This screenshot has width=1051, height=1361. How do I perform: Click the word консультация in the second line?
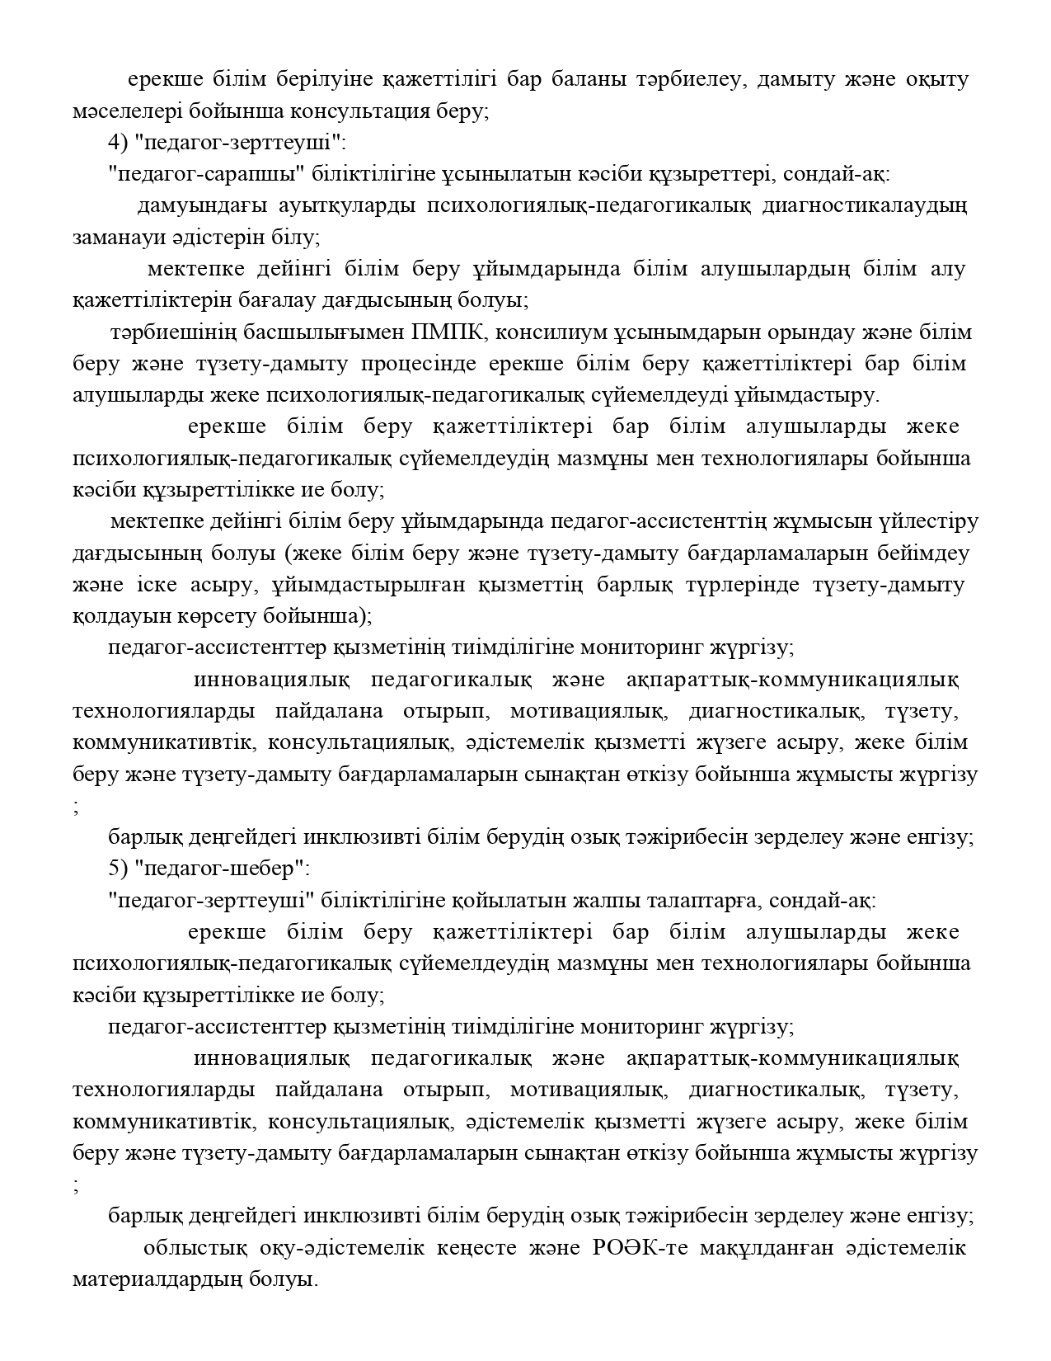tap(347, 111)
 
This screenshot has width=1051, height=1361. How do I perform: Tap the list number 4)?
tap(120, 143)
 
